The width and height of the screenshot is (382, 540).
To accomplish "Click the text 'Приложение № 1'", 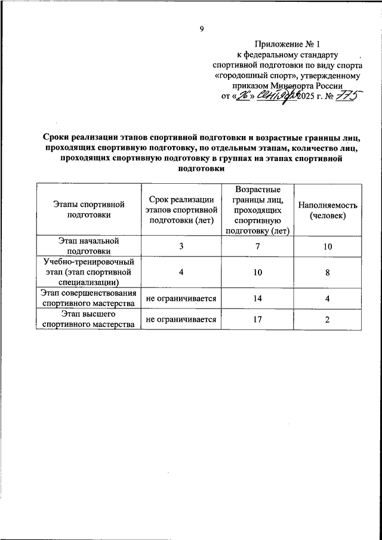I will (x=287, y=44).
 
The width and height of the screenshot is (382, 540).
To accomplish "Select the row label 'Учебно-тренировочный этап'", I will (x=87, y=272).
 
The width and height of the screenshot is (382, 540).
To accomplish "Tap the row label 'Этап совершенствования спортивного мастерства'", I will (x=87, y=298).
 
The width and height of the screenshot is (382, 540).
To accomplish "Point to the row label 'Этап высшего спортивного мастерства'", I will (x=87, y=319).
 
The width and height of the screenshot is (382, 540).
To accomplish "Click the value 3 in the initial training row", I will (x=180, y=246).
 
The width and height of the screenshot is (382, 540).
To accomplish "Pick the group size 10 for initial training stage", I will (x=328, y=246).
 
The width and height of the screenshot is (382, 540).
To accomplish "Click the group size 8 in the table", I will (x=328, y=272).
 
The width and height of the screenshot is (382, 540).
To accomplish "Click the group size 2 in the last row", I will (x=328, y=319).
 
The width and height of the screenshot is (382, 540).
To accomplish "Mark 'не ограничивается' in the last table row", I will (x=180, y=319).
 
